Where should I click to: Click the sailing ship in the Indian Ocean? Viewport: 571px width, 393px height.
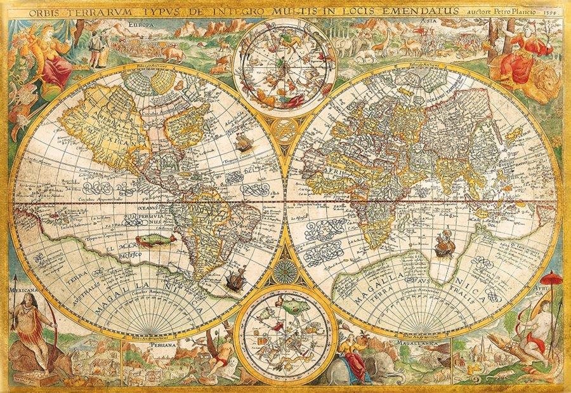click(x=442, y=243)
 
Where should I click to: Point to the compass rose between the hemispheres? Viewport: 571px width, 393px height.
click(x=285, y=272)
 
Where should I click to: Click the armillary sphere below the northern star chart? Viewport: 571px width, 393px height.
click(x=284, y=128)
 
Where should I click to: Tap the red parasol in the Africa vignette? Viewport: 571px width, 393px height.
click(x=553, y=279)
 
